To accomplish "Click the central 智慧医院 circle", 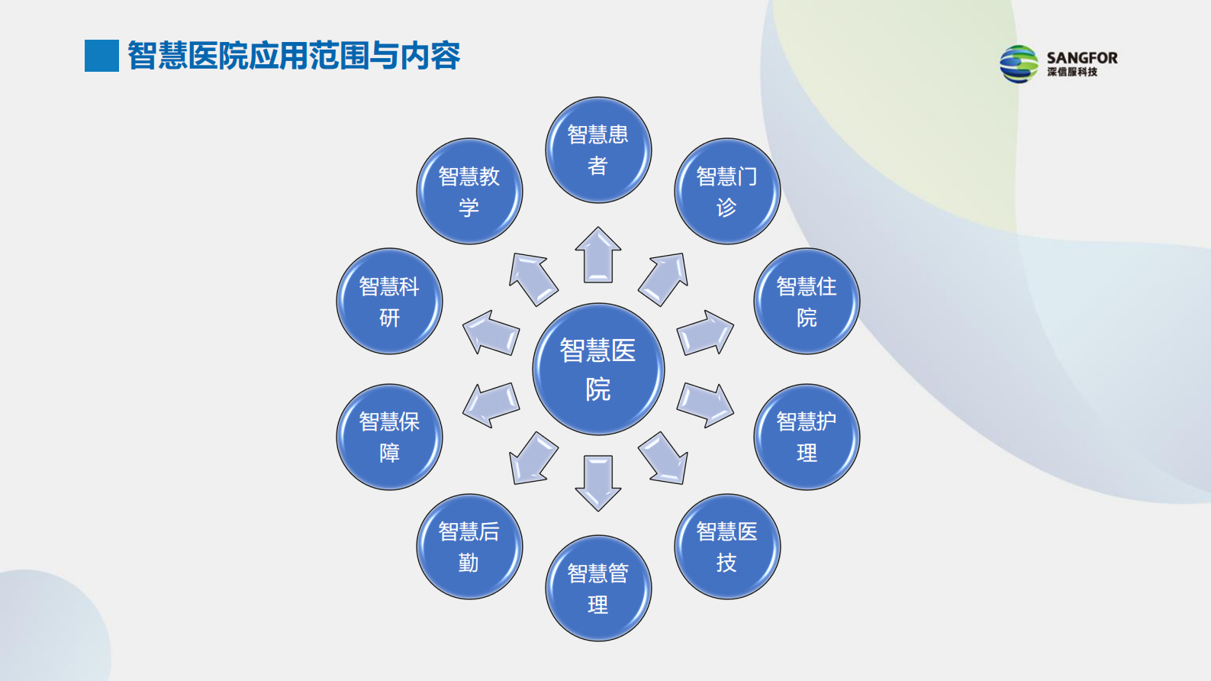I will (598, 370).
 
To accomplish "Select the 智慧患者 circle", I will (598, 150).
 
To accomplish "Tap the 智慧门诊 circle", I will (727, 192).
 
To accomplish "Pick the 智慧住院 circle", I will (807, 302).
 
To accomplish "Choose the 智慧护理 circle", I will (807, 437).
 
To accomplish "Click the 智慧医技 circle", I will (727, 547).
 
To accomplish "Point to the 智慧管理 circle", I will (598, 588).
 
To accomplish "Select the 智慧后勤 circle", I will (469, 547).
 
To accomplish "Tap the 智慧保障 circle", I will (389, 437).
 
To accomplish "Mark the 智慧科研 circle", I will (389, 302).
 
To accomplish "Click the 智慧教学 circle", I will (469, 192).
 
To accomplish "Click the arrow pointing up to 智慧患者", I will (598, 255).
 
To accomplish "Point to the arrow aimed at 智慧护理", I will (705, 405).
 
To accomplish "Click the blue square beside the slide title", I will (101, 56).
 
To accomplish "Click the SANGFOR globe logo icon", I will (1019, 64).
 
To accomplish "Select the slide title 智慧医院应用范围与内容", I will (294, 56).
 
